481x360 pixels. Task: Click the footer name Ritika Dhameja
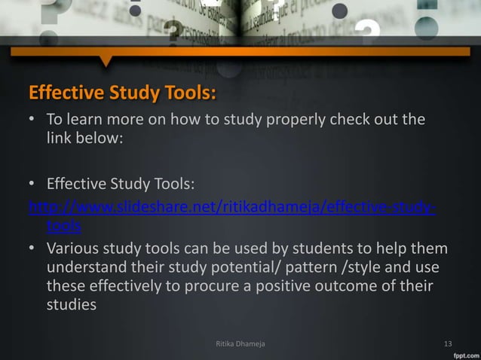[240, 346]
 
